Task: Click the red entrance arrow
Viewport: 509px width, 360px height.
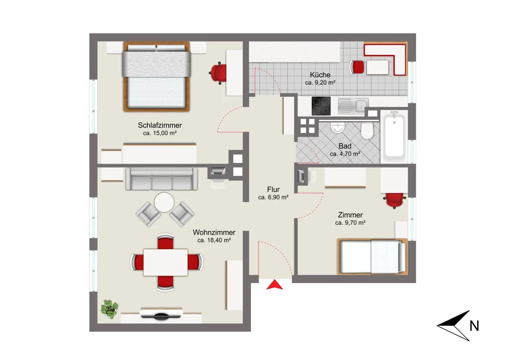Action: [x=274, y=285]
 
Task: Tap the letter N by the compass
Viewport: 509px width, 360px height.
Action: [x=474, y=326]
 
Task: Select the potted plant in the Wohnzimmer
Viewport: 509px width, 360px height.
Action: [x=109, y=309]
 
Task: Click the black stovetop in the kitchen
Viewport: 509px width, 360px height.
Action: [x=321, y=106]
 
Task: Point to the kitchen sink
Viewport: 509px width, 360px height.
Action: [x=353, y=106]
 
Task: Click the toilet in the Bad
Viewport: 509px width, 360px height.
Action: [x=367, y=130]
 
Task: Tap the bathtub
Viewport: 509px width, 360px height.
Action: [x=394, y=136]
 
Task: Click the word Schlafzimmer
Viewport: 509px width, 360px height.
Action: [x=160, y=125]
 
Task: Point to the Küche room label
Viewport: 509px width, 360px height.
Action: [x=320, y=74]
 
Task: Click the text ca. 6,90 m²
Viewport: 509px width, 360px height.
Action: [x=273, y=197]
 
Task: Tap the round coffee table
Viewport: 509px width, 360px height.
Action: [x=164, y=202]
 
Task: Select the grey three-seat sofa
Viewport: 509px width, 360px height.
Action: [x=161, y=179]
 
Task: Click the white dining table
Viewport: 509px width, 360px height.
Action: [x=165, y=263]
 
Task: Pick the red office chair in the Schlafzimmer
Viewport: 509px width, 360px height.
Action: [x=218, y=73]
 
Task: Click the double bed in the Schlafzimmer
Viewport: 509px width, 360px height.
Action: [x=156, y=76]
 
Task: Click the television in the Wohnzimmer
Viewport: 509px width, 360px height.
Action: [x=161, y=316]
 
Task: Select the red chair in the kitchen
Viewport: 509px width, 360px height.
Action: [x=357, y=67]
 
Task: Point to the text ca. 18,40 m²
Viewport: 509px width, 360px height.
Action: [x=214, y=240]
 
